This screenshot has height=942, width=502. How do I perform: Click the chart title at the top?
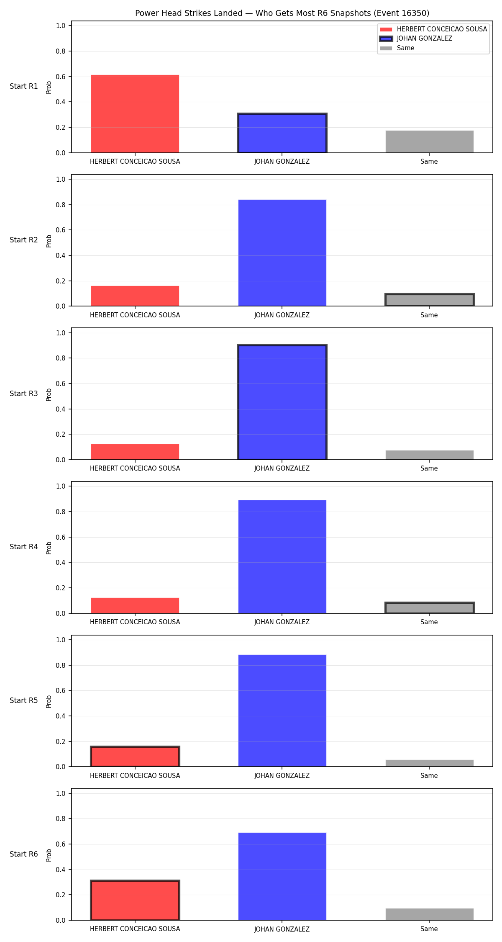tap(282, 13)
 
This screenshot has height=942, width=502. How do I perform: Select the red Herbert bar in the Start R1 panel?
tap(135, 114)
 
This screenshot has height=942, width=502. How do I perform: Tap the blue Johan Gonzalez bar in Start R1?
tap(282, 133)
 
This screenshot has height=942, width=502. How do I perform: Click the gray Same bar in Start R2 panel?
tap(430, 300)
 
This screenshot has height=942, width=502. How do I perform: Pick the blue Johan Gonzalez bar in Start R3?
tap(282, 402)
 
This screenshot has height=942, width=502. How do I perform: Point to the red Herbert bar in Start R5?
tap(135, 757)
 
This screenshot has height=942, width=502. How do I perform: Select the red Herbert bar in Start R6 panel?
tap(135, 900)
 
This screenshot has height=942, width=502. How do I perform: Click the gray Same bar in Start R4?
tap(430, 608)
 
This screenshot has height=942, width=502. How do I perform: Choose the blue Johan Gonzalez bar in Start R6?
tap(282, 876)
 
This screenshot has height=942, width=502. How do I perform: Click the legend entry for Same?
tap(397, 48)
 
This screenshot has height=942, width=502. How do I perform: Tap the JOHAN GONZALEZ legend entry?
tap(416, 39)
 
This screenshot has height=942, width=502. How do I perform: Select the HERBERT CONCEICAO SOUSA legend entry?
tap(433, 29)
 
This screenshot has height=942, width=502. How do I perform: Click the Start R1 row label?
tap(24, 86)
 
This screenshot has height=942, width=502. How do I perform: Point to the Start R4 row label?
tap(24, 547)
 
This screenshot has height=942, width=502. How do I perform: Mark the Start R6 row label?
tap(24, 854)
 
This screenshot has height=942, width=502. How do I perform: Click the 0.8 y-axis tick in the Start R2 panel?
tap(61, 205)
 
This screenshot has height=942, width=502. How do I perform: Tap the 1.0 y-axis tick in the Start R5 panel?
tap(61, 640)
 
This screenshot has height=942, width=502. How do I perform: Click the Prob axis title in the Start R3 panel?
tap(49, 395)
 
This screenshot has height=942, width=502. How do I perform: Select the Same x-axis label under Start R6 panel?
tap(429, 929)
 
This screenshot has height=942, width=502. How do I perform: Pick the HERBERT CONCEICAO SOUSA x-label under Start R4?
tap(135, 622)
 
